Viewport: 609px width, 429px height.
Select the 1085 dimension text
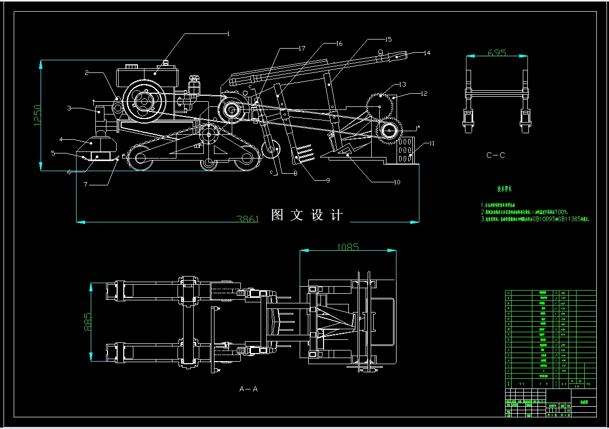point(348,247)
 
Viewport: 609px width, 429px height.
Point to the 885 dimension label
point(87,320)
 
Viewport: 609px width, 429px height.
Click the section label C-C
point(495,155)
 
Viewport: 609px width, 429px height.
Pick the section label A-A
point(248,389)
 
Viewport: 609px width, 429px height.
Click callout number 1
point(228,34)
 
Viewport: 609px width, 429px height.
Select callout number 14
point(426,53)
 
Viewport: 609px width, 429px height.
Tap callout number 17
point(302,49)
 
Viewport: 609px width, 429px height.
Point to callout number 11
point(432,144)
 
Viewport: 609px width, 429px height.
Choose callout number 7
point(86,184)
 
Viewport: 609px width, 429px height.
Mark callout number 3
point(68,108)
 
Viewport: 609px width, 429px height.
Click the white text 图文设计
point(307,215)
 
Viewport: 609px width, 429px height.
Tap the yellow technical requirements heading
point(505,188)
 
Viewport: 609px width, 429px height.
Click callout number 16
point(339,44)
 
